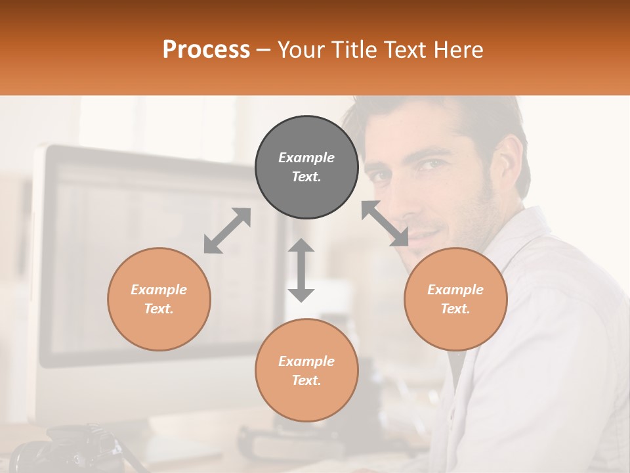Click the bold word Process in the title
point(206,50)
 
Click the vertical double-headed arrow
point(301,270)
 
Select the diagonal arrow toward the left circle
point(227,231)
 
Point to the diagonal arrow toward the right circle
point(385,223)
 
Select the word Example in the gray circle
point(306,158)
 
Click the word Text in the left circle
point(159,309)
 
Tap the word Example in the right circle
point(455,290)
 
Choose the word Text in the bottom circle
point(306,380)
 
